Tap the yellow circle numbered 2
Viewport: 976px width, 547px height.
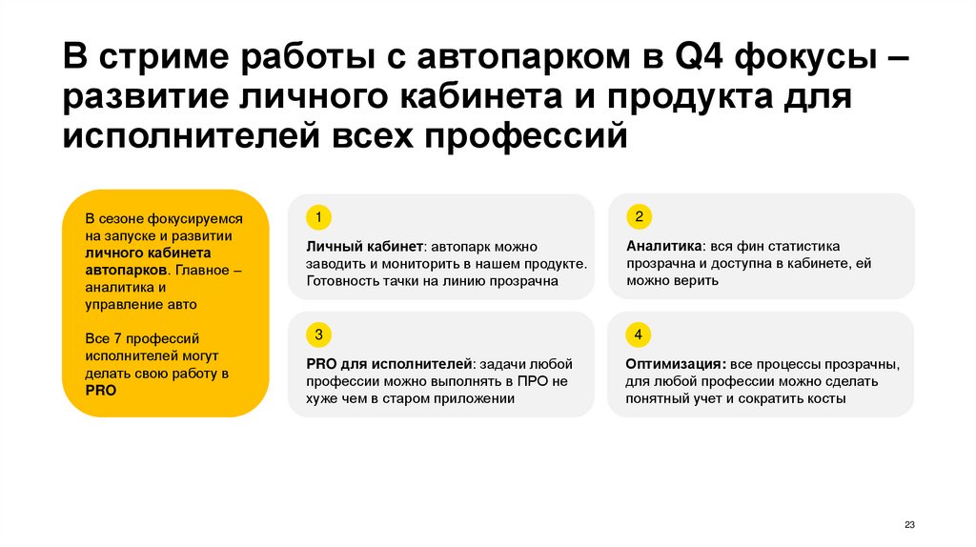pos(639,214)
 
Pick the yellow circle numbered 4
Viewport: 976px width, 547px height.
pos(639,334)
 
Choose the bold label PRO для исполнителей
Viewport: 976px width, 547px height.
pos(390,364)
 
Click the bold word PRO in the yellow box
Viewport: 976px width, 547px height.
pos(100,391)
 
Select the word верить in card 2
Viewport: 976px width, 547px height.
pos(697,281)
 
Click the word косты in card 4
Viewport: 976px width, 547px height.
pos(824,398)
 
